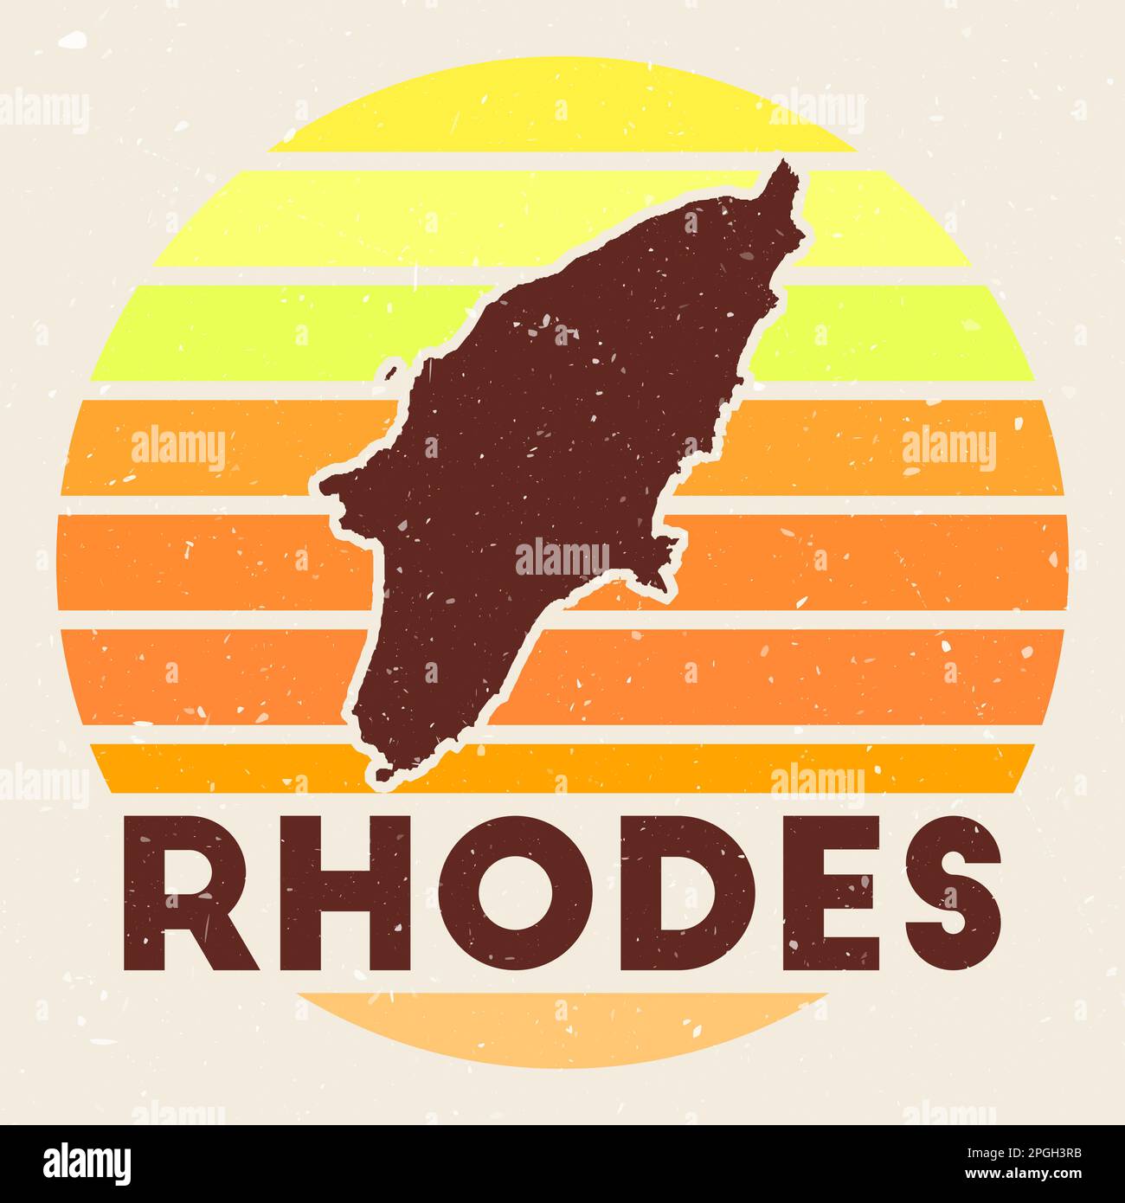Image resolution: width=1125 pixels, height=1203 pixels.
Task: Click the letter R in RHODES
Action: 186,893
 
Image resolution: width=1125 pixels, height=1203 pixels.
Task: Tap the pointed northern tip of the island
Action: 782,170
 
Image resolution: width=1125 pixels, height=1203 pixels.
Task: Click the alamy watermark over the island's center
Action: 562,556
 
